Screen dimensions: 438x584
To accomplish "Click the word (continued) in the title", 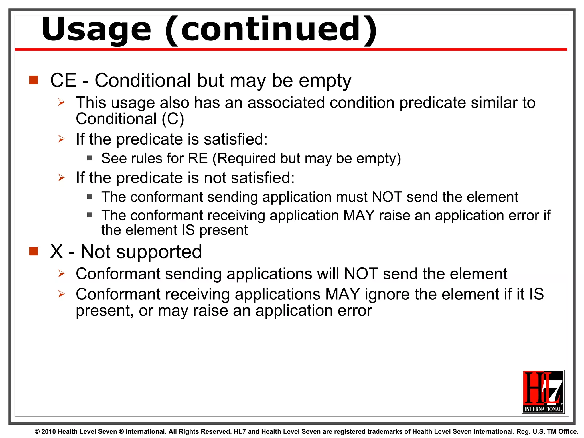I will click(x=271, y=30).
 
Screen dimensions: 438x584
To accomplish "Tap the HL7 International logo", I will click(x=543, y=392).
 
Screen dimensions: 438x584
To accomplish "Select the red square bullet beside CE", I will click(x=34, y=80).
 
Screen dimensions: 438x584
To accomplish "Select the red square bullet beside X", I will click(x=34, y=252).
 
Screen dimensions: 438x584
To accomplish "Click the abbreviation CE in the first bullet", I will click(x=63, y=80).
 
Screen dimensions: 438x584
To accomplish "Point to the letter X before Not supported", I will click(x=56, y=252).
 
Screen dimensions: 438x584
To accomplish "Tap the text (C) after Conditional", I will click(x=173, y=119).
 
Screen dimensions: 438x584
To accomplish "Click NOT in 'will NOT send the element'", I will click(x=361, y=274).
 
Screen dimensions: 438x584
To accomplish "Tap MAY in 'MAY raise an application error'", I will click(x=359, y=215).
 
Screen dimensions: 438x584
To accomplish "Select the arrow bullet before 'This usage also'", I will click(x=62, y=102).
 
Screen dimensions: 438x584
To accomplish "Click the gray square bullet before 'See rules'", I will click(x=90, y=158).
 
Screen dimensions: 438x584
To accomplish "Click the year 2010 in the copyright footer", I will click(x=48, y=432).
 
